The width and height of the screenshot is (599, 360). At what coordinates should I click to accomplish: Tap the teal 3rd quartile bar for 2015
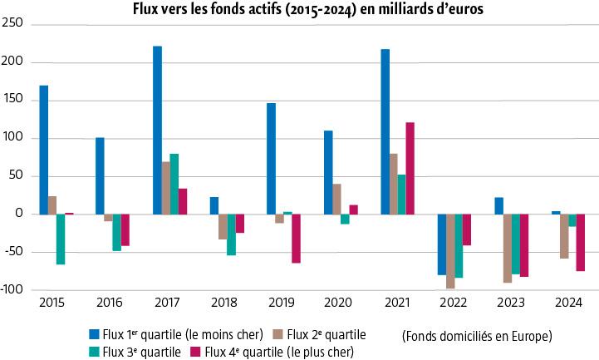[61, 239]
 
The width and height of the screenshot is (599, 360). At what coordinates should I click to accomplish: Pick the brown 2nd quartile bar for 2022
[450, 251]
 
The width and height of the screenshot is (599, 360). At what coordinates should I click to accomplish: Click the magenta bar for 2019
[296, 239]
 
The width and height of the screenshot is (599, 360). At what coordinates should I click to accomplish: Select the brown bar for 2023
[507, 249]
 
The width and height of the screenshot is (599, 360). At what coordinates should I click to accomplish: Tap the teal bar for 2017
[174, 184]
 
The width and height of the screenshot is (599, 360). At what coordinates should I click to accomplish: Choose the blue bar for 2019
[271, 159]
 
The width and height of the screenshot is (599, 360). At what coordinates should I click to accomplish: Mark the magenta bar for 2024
[580, 243]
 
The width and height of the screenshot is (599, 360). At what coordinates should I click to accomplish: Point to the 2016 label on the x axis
[110, 303]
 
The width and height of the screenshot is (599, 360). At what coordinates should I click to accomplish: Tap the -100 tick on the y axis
[12, 290]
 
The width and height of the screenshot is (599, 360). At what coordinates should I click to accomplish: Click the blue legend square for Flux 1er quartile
[94, 334]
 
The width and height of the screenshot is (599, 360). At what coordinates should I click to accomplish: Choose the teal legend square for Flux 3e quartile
[94, 351]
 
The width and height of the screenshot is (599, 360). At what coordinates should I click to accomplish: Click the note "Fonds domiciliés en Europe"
[476, 337]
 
